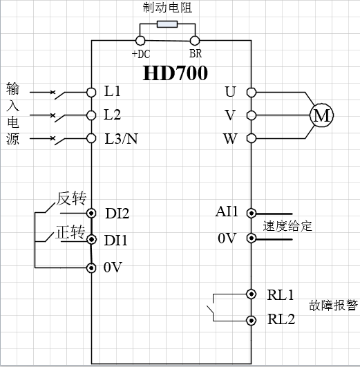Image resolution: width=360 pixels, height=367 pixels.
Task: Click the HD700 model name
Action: pyautogui.click(x=175, y=73)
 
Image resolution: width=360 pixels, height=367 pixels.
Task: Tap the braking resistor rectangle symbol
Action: pyautogui.click(x=167, y=24)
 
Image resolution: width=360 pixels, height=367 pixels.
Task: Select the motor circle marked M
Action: pyautogui.click(x=321, y=115)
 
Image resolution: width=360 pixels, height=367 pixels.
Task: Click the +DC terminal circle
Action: pyautogui.click(x=140, y=41)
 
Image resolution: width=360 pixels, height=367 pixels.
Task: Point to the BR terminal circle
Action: pyautogui.click(x=195, y=41)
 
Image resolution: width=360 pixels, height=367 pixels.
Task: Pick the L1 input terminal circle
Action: pyautogui.click(x=91, y=92)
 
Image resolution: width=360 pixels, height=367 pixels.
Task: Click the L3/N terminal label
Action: pyautogui.click(x=121, y=138)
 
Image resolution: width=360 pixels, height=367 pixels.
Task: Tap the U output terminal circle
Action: pyautogui.click(x=252, y=92)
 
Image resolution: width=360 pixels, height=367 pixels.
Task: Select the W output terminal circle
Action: pyautogui.click(x=252, y=138)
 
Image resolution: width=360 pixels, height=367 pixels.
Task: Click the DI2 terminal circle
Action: pyautogui.click(x=91, y=214)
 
